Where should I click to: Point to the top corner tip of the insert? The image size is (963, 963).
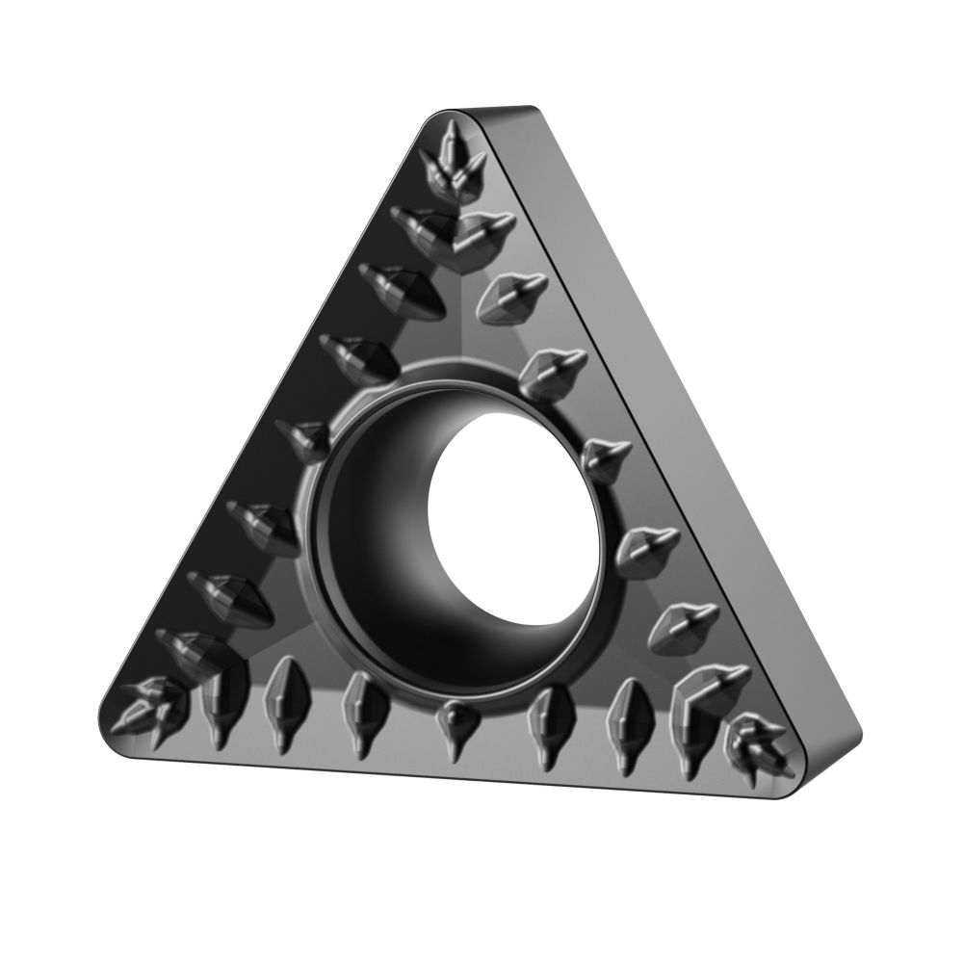tap(453, 117)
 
